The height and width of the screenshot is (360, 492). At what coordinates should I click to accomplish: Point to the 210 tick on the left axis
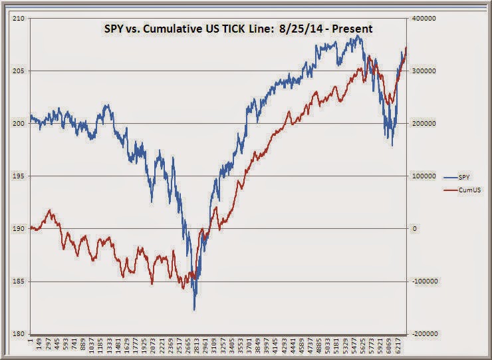pos(19,19)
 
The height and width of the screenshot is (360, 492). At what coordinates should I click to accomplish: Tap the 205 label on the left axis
pos(19,71)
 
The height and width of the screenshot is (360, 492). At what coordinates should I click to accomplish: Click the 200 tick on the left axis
pos(19,124)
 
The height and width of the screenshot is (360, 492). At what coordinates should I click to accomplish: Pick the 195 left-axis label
pos(19,176)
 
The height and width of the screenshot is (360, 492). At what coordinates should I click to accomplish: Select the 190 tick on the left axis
pos(19,229)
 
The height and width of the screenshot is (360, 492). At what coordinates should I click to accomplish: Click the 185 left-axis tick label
pos(19,281)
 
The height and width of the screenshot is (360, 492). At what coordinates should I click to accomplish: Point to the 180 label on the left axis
pos(19,334)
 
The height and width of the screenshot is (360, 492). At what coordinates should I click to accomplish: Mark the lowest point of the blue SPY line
pos(194,309)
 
